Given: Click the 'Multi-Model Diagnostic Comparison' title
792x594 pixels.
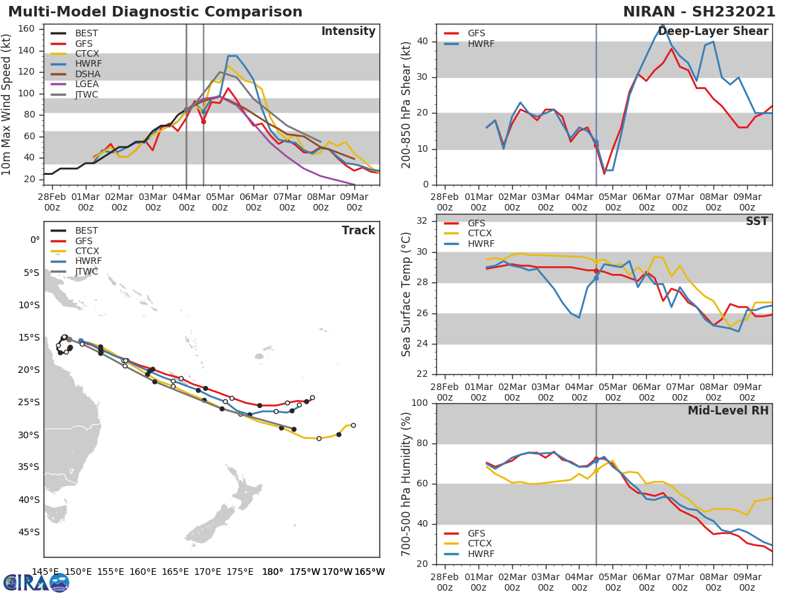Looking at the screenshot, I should pyautogui.click(x=155, y=12).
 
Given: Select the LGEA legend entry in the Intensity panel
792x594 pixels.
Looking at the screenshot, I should pyautogui.click(x=86, y=84).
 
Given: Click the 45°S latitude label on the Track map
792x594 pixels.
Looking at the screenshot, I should pyautogui.click(x=28, y=532).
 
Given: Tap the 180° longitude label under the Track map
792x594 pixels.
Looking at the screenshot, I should pyautogui.click(x=273, y=572).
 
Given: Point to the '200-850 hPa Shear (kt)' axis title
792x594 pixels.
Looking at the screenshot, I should pyautogui.click(x=407, y=106).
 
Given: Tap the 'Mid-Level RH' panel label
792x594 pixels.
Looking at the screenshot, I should pyautogui.click(x=728, y=411).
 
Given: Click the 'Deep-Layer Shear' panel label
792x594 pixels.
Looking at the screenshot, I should pyautogui.click(x=713, y=32).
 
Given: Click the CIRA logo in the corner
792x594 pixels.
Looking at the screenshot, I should pyautogui.click(x=36, y=582).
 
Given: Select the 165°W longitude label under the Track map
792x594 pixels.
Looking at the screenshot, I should pyautogui.click(x=370, y=572).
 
